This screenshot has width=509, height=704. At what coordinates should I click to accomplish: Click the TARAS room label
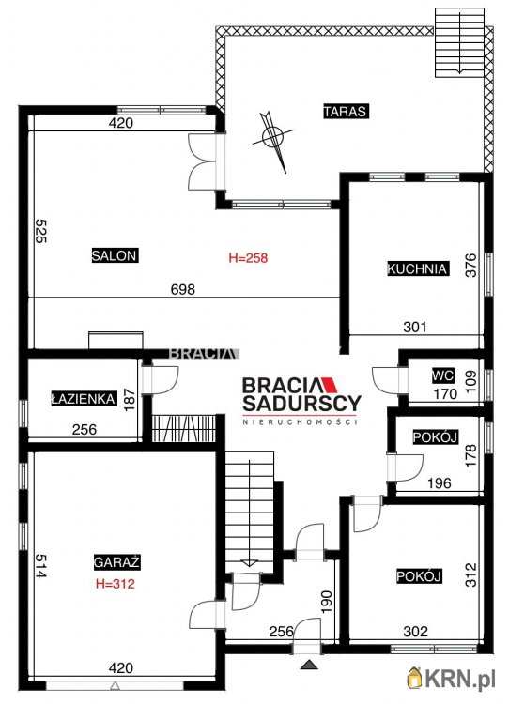click(346, 111)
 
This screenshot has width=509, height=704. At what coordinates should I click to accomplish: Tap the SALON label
click(115, 255)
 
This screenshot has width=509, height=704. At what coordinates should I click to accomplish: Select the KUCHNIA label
click(417, 268)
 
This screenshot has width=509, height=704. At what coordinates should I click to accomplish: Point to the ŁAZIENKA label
click(84, 399)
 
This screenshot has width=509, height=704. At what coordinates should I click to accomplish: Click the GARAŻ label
click(116, 562)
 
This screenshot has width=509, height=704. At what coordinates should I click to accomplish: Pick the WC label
click(443, 375)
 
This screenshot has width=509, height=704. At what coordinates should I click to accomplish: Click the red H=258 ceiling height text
click(249, 258)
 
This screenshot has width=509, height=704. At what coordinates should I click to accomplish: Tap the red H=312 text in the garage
click(116, 584)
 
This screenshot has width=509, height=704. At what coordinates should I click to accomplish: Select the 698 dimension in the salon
click(183, 289)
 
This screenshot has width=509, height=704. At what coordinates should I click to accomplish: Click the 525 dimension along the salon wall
click(40, 231)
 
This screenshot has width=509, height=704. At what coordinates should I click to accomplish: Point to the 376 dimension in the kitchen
click(470, 265)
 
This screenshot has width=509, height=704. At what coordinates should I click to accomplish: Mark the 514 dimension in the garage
click(40, 566)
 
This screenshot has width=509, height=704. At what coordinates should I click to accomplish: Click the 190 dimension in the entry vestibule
click(327, 602)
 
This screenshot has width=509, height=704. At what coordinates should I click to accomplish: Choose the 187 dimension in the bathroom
click(129, 400)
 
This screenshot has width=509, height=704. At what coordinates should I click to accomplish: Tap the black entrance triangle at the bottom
click(309, 665)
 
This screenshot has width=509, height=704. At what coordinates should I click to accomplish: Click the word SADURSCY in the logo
click(301, 404)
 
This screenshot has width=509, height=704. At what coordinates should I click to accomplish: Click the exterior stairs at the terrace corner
click(459, 42)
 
